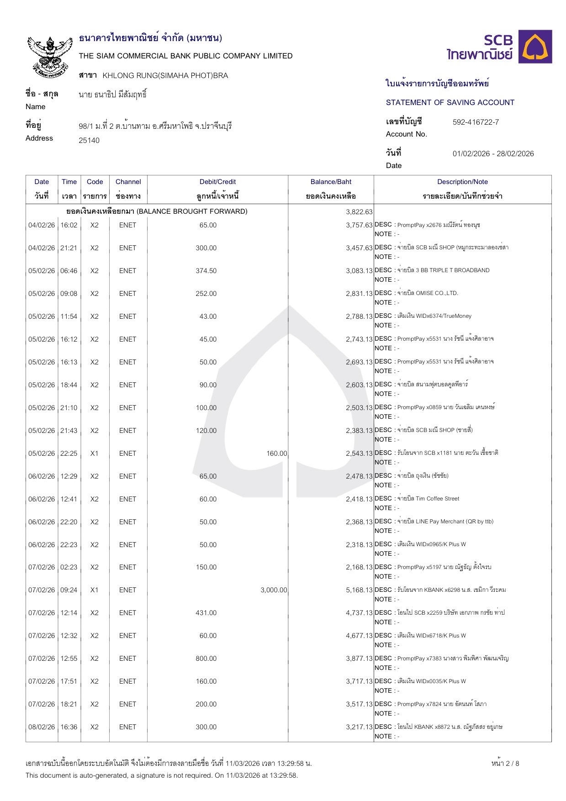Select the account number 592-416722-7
coord(476,122)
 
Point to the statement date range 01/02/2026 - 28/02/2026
coord(493,153)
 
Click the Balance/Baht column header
coord(331,182)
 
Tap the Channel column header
coord(128,182)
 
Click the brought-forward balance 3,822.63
coord(359,212)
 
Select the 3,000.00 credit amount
coord(274,590)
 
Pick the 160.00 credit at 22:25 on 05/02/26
coord(276,453)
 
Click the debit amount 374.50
coord(206,271)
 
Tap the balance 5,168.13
coord(359,590)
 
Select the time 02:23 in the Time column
coord(69,567)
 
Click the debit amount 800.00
coord(206,659)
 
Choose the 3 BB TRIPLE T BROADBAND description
coord(443,270)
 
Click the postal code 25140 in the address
coord(89,140)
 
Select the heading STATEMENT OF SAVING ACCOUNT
coord(450,102)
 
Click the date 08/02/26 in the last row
coord(42,727)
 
